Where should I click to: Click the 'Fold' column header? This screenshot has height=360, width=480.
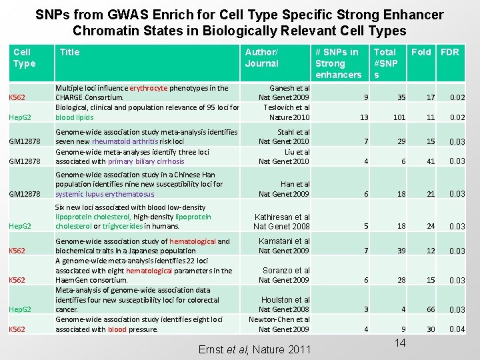click(x=421, y=52)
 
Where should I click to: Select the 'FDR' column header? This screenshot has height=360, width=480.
click(x=449, y=52)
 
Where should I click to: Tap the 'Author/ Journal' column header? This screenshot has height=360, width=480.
click(x=261, y=57)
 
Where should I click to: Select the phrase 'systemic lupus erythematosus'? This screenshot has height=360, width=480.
click(x=105, y=194)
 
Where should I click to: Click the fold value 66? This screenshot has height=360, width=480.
click(x=431, y=309)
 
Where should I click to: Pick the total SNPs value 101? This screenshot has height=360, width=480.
click(x=399, y=117)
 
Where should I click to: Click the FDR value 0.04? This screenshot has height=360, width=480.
click(x=457, y=329)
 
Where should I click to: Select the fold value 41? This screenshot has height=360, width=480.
click(x=431, y=161)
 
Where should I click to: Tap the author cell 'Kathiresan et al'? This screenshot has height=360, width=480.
click(x=282, y=217)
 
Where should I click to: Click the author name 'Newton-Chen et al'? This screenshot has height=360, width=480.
click(x=279, y=319)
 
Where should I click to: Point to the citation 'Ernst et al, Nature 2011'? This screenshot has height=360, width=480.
click(x=255, y=349)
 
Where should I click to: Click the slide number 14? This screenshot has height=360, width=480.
click(x=400, y=343)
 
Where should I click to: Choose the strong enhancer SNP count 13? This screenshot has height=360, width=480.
click(x=363, y=117)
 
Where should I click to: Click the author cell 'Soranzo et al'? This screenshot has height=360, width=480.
click(x=286, y=271)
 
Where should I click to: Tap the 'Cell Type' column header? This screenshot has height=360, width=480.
click(x=24, y=57)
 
